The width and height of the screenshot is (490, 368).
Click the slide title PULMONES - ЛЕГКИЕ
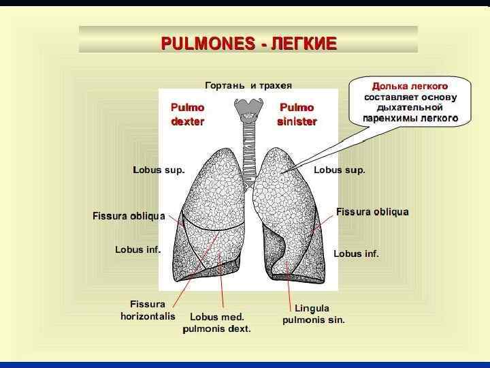point(248,44)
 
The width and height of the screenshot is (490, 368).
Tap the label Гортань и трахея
point(248,85)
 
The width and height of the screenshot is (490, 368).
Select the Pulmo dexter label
point(187,114)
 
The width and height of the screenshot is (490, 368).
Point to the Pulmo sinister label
point(297,114)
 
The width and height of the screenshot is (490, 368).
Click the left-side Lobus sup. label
point(159,170)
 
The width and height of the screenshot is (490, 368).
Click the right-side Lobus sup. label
point(339,170)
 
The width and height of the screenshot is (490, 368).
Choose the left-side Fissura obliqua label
point(129,216)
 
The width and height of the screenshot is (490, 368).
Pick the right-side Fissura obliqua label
point(372,212)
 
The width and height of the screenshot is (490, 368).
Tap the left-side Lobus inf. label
point(137,250)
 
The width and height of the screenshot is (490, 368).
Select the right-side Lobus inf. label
point(356,254)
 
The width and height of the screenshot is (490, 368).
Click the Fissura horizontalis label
point(148,310)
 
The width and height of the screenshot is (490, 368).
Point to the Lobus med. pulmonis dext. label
point(216,322)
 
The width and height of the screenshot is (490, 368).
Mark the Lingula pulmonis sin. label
point(313,314)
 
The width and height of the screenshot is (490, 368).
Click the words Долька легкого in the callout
point(410,87)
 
